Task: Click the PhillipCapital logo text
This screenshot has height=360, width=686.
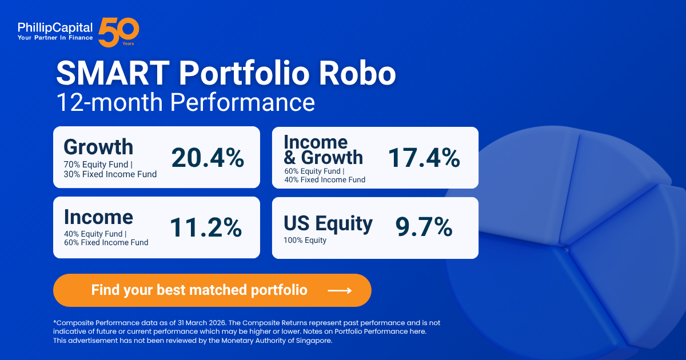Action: click(54, 27)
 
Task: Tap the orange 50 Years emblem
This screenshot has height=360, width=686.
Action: click(118, 32)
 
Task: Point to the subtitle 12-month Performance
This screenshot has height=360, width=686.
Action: click(185, 103)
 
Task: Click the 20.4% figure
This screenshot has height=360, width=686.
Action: click(208, 158)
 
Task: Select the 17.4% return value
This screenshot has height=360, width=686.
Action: click(424, 158)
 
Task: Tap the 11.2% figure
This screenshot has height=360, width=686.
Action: click(206, 228)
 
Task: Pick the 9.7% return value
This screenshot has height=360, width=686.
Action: click(424, 227)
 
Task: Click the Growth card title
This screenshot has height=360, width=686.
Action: click(98, 147)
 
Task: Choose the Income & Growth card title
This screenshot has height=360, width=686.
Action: click(323, 150)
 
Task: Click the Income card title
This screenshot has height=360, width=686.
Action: click(98, 217)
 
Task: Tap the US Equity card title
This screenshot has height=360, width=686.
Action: click(328, 223)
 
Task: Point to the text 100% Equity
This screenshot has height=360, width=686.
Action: click(305, 241)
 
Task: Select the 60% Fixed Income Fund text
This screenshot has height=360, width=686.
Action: click(106, 243)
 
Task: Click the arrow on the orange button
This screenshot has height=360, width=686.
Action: click(340, 290)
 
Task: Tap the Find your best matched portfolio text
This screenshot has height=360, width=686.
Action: click(199, 290)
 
